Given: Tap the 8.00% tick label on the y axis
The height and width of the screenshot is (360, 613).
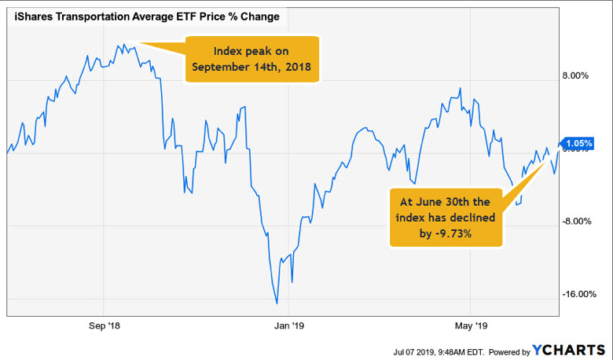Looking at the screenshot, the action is click(x=575, y=75).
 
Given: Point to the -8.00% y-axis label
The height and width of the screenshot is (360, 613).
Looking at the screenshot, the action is click(x=577, y=221).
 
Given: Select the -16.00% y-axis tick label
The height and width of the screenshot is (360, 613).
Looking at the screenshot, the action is click(x=579, y=294).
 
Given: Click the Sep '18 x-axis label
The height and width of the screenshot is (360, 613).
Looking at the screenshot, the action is click(x=105, y=325).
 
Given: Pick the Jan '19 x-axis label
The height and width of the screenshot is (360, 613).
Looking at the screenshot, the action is click(x=289, y=325).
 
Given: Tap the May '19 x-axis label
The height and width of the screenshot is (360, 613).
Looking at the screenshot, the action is click(x=472, y=325).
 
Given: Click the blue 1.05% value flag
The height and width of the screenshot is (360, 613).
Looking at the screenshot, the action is click(x=578, y=144).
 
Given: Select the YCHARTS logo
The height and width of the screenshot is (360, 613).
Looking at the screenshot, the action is click(x=569, y=351).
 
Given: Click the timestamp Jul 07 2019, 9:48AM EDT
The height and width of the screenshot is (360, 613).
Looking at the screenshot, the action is click(x=439, y=351).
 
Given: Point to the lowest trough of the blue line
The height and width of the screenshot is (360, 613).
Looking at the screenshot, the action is click(x=277, y=303).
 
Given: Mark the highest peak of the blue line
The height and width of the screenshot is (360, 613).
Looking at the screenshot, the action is click(x=124, y=44).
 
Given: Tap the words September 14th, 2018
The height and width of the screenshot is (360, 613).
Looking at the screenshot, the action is click(x=251, y=67).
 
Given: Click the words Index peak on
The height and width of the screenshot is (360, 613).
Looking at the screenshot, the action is click(x=251, y=51).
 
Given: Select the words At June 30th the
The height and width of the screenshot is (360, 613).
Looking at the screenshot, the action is click(x=445, y=202).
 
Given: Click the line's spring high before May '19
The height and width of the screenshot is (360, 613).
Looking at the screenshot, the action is click(x=460, y=88).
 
